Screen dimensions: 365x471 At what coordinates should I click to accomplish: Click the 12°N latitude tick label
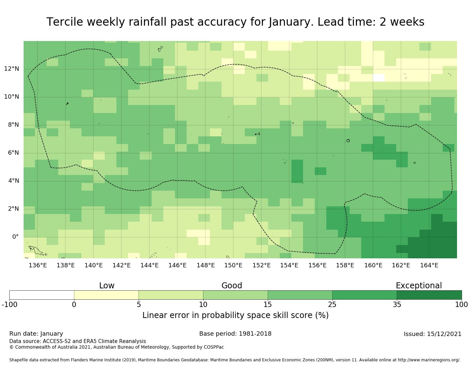[11, 69]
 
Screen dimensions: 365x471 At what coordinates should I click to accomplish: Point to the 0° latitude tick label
[15, 237]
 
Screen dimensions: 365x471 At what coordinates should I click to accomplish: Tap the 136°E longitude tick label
[38, 265]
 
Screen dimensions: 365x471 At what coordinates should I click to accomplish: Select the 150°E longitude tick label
[233, 265]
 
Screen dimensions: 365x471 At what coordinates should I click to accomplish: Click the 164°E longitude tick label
[429, 265]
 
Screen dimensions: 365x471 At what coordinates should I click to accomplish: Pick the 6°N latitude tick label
[11, 153]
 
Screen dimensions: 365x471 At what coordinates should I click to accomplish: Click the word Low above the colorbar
[107, 286]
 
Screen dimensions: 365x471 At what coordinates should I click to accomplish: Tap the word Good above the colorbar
[232, 286]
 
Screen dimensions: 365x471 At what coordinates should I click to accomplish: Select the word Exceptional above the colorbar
[418, 286]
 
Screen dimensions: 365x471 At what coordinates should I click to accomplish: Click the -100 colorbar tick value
[9, 304]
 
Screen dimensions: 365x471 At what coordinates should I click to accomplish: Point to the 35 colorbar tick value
[397, 304]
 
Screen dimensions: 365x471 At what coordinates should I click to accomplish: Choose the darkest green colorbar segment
[429, 295]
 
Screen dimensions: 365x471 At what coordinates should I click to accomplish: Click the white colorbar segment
[42, 295]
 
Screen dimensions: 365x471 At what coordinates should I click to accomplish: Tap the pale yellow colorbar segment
[106, 295]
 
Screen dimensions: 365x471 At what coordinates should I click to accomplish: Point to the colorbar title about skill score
[235, 315]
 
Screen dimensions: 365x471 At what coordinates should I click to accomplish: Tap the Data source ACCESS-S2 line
[78, 341]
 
